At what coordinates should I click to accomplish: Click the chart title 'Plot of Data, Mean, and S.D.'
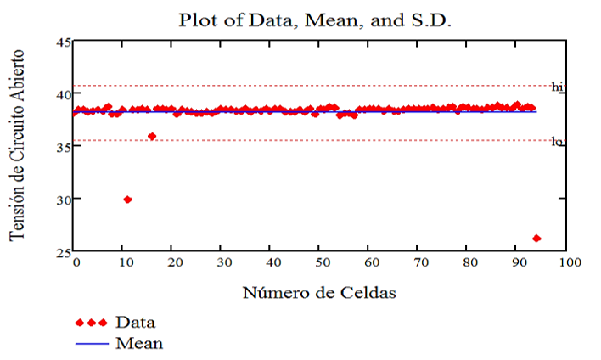[315, 19]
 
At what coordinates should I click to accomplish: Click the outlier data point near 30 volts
[127, 200]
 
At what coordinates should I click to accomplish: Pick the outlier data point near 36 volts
[152, 136]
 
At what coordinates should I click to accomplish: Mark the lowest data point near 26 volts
[536, 239]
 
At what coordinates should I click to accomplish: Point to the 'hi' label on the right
[558, 87]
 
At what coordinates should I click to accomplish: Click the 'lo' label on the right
[558, 142]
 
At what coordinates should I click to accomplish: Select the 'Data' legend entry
[135, 323]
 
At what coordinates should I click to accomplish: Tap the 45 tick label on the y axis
[63, 42]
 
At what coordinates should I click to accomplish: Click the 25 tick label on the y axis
[63, 252]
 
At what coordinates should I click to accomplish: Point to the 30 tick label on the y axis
[63, 200]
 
